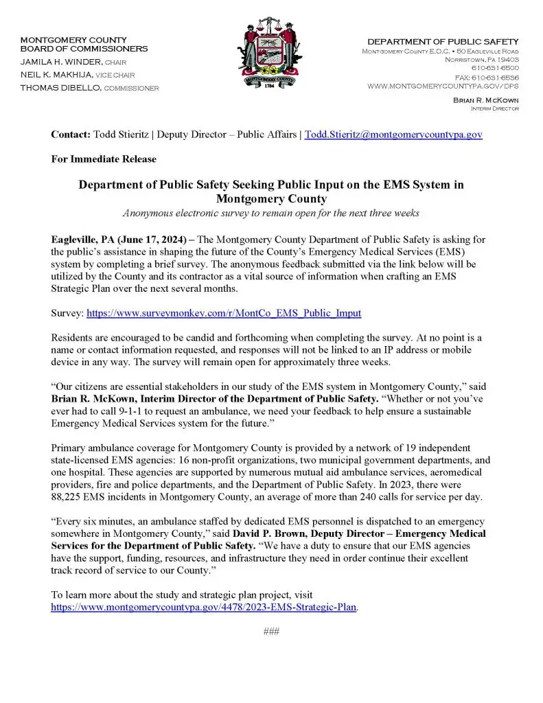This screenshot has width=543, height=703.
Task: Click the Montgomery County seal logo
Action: [x=271, y=61]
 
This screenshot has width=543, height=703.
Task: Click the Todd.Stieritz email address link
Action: [x=393, y=135]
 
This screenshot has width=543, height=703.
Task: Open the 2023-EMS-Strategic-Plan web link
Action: [x=204, y=608]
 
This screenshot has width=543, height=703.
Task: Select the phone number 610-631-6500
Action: [x=495, y=68]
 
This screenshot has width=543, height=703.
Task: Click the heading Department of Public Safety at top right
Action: [x=443, y=42]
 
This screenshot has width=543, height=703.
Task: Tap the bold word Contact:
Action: [x=71, y=135]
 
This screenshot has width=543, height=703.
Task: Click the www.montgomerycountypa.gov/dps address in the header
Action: [x=443, y=87]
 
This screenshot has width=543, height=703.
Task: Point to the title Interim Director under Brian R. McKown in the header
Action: [x=494, y=108]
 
